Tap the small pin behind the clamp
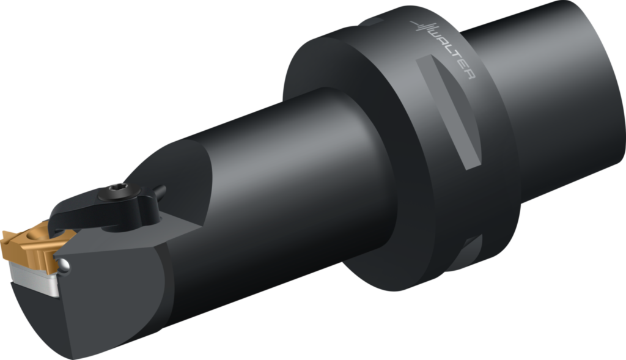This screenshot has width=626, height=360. click(x=160, y=192)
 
